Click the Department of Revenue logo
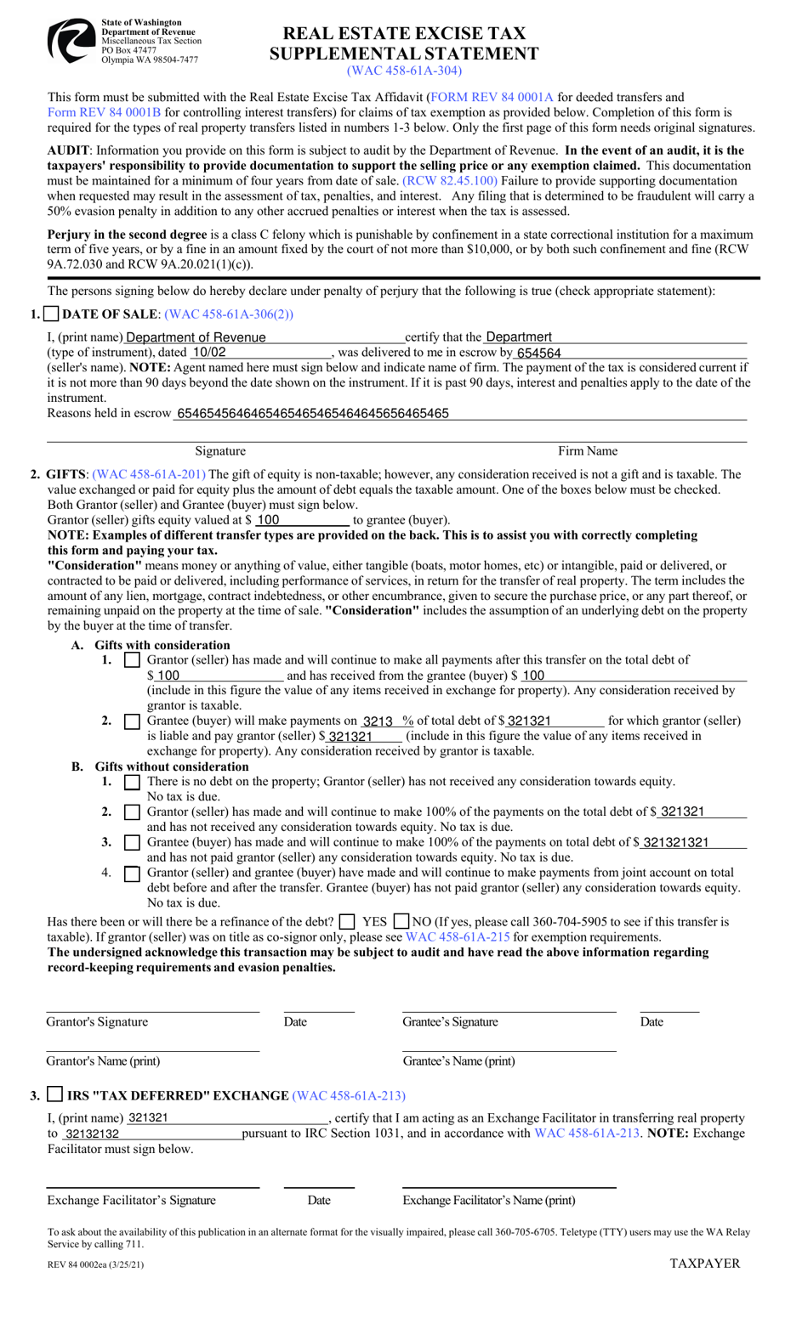(x=71, y=41)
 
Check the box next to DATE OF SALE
(x=51, y=314)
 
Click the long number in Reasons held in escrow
(x=311, y=414)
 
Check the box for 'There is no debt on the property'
(x=132, y=782)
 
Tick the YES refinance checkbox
(x=346, y=922)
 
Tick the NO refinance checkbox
(x=401, y=922)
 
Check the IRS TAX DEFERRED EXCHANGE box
(x=54, y=1094)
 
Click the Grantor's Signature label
(x=97, y=1022)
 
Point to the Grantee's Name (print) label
(x=458, y=1061)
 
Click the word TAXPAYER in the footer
(x=704, y=1264)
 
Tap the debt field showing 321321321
(x=675, y=842)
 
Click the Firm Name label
(x=587, y=451)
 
